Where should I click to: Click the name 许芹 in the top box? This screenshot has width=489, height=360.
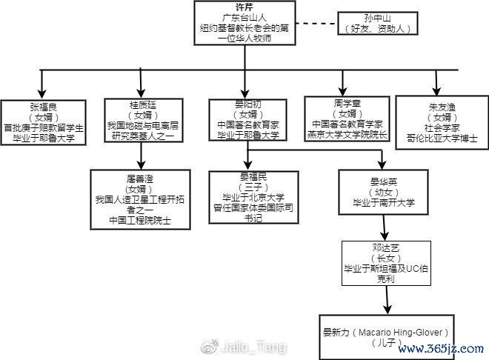(245, 7)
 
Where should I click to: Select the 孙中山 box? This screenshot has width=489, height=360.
(378, 24)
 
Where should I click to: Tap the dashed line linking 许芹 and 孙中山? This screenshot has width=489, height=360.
(316, 24)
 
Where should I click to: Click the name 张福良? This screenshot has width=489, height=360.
(44, 107)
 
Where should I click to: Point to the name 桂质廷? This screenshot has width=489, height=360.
(143, 104)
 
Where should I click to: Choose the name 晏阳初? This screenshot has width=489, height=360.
(248, 104)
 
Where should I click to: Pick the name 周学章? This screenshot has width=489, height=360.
(347, 103)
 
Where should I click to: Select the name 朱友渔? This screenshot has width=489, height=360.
(442, 107)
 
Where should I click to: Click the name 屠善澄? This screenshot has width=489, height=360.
(140, 179)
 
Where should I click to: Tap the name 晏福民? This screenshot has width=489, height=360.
(253, 177)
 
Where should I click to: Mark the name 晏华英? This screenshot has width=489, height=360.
(384, 181)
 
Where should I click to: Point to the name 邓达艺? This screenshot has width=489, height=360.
(386, 248)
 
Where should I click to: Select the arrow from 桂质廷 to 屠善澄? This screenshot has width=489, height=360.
(142, 156)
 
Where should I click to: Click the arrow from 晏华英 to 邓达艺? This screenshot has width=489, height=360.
(385, 227)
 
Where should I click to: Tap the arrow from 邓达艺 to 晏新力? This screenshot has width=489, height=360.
(387, 300)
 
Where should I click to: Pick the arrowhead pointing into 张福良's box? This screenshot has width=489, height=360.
(41, 94)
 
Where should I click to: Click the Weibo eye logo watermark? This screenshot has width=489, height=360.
(210, 347)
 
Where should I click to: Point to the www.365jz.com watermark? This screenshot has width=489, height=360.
(441, 348)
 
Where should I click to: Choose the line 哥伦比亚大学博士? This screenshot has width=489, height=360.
(442, 138)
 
